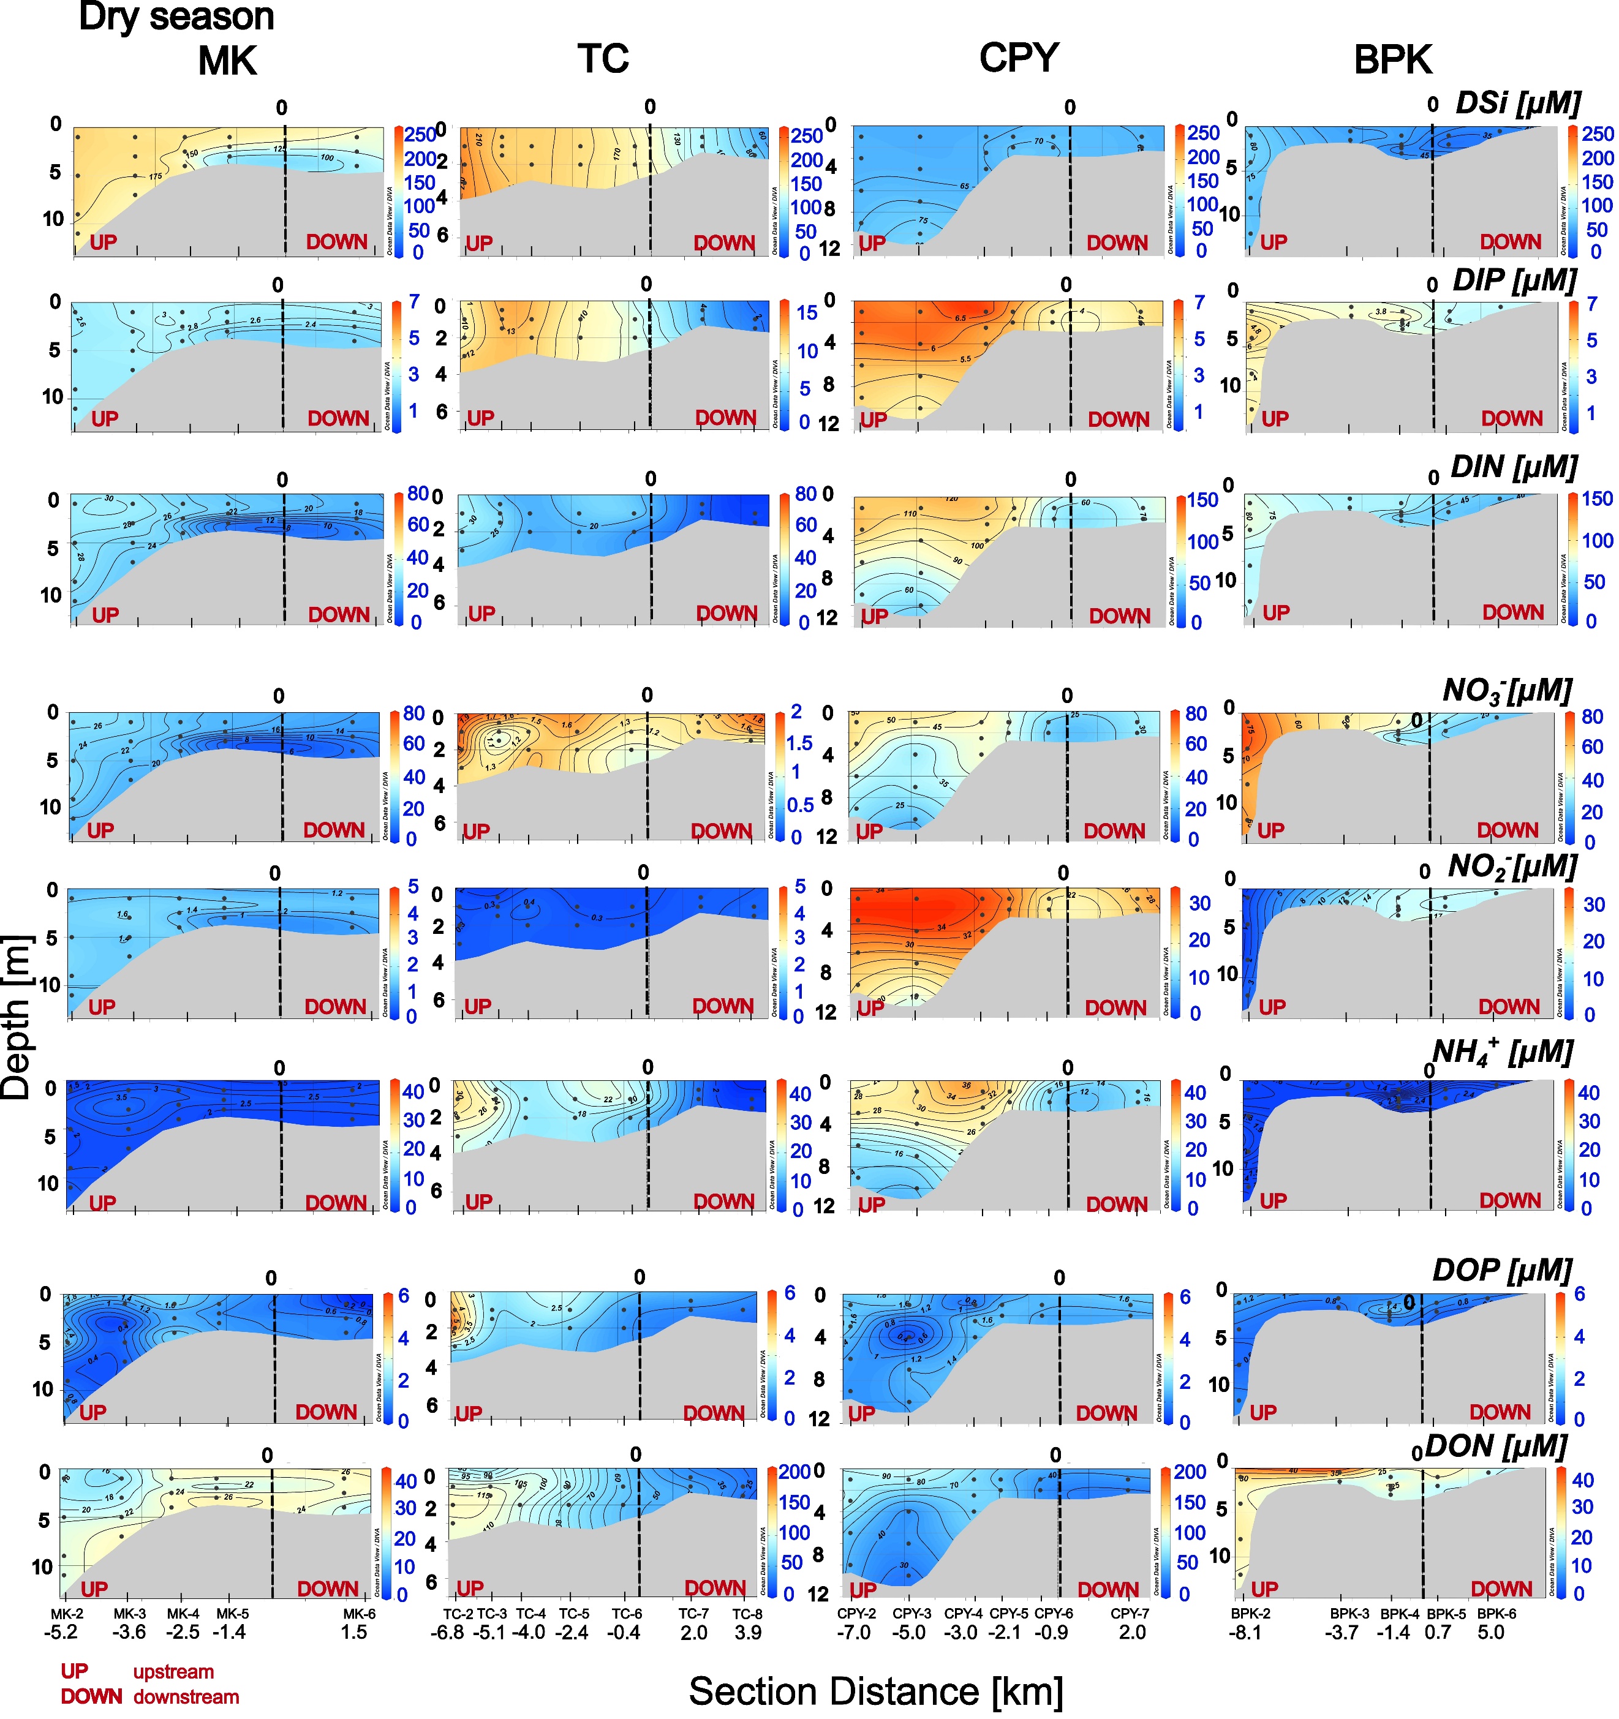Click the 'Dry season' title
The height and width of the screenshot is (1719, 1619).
point(176,17)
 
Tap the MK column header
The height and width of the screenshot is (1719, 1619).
point(227,61)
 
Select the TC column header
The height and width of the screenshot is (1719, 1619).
point(603,59)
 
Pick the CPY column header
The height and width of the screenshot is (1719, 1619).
point(1019,58)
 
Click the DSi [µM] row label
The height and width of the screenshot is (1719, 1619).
point(1518,103)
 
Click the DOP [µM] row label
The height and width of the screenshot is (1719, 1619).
point(1502,1270)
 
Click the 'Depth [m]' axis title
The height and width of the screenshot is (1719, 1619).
point(17,1017)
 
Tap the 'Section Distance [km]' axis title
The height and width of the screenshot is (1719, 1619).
point(875,1691)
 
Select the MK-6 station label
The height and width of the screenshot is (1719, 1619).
point(359,1614)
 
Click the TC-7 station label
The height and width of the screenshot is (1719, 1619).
point(693,1614)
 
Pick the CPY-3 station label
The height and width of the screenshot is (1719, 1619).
point(911,1614)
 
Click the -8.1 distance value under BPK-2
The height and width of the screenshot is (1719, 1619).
point(1245,1633)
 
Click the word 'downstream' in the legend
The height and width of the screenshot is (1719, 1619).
point(186,1696)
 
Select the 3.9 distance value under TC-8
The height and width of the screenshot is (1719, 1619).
point(747,1633)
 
